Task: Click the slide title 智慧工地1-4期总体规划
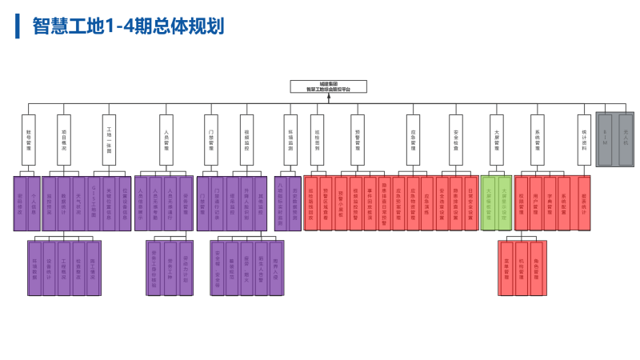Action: tap(128, 26)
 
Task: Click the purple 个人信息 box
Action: tap(34, 203)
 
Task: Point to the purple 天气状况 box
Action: tap(78, 203)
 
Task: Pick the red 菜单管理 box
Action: tap(506, 268)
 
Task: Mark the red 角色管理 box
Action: tap(538, 268)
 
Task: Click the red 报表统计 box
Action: tap(584, 203)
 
